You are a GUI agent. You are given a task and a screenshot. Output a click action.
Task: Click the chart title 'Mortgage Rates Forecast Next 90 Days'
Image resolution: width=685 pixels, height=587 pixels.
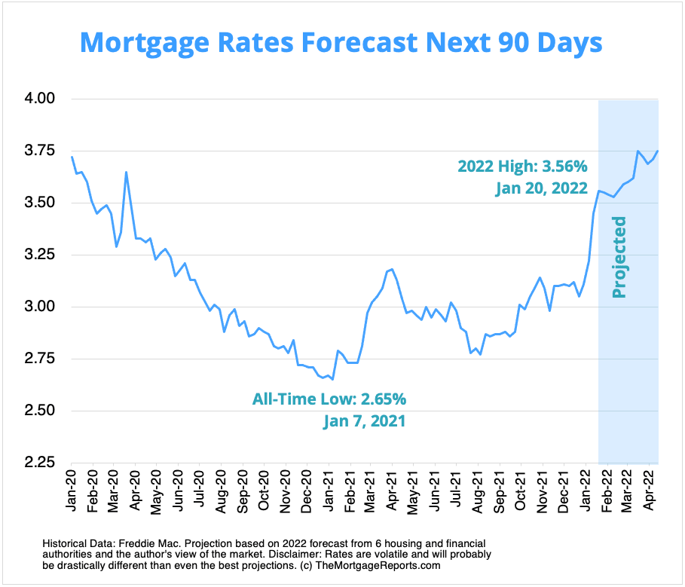(341, 41)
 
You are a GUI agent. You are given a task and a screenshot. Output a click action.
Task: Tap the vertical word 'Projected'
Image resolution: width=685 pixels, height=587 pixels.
(619, 257)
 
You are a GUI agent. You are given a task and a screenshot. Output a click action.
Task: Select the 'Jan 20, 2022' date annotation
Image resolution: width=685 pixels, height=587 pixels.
(541, 189)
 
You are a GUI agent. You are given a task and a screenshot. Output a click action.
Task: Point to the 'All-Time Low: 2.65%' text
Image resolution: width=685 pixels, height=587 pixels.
(334, 398)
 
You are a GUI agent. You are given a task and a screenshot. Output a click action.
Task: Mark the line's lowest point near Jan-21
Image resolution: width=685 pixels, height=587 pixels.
(332, 380)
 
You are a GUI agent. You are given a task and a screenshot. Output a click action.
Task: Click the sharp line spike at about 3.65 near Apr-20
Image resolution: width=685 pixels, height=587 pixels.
(126, 172)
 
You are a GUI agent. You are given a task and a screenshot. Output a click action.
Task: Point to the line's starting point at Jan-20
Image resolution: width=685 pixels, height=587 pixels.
(72, 157)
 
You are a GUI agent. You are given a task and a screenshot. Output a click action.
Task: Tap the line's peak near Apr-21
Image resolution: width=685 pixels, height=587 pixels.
(393, 269)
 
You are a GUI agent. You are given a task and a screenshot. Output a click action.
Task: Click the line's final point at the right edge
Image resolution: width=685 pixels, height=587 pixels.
(658, 151)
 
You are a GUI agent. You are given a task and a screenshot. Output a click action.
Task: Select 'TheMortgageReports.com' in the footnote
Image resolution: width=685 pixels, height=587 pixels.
(387, 564)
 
